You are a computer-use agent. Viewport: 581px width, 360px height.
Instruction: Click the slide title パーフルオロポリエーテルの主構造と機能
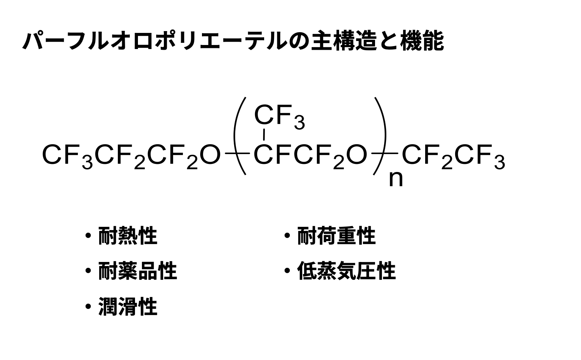(x=233, y=41)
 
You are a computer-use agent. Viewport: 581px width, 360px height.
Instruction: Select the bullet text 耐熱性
(x=128, y=236)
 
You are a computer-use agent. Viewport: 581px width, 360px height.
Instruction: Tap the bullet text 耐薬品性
(x=138, y=271)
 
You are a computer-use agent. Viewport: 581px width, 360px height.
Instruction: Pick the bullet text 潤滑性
(x=128, y=307)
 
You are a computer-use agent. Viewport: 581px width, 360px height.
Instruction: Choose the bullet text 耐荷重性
(x=336, y=236)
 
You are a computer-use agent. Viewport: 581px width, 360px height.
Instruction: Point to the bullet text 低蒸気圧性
(x=346, y=271)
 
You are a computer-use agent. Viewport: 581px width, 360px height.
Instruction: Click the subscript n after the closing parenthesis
(x=396, y=179)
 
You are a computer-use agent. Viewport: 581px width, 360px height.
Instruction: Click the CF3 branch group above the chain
(x=279, y=116)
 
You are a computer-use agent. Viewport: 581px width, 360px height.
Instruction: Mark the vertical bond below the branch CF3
(x=264, y=135)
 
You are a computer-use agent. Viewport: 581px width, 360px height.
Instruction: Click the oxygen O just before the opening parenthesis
(x=211, y=155)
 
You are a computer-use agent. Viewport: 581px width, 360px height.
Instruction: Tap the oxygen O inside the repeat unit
(x=356, y=155)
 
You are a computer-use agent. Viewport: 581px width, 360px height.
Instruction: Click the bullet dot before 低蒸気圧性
(x=287, y=271)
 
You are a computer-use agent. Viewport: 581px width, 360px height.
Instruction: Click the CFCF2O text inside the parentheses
(x=310, y=155)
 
